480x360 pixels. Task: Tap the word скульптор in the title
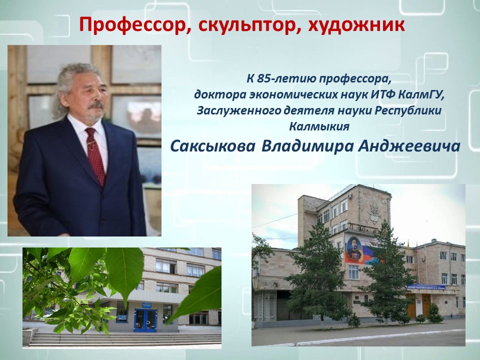[243, 25]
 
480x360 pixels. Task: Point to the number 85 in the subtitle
[263, 79]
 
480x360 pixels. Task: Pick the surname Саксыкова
[212, 146]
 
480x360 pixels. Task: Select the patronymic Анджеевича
[409, 146]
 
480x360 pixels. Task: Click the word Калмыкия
[319, 126]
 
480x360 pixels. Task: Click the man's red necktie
[95, 155]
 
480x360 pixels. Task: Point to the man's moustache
[96, 105]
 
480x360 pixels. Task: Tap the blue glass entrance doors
[145, 319]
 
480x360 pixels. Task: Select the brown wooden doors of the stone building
[418, 305]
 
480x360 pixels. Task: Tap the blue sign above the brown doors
[425, 287]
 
